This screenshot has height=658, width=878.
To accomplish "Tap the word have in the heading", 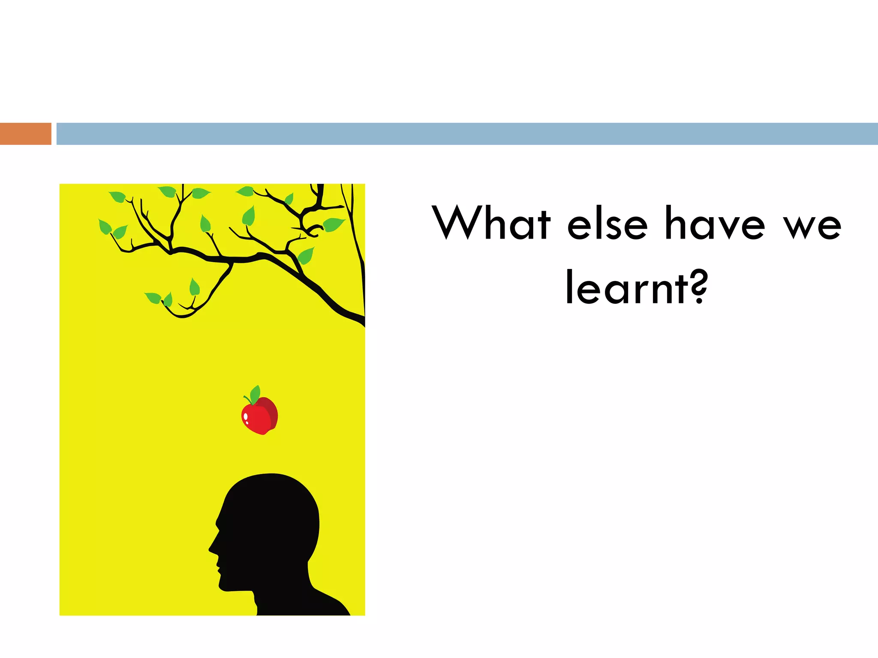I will point(715,224).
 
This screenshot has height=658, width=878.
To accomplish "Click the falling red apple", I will point(260,415).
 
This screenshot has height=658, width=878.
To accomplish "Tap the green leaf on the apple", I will point(255,394).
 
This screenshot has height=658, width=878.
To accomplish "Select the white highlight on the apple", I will point(246,418).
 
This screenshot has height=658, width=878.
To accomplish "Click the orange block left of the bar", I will point(25,134).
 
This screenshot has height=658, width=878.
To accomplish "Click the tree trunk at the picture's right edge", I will point(359,257).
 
